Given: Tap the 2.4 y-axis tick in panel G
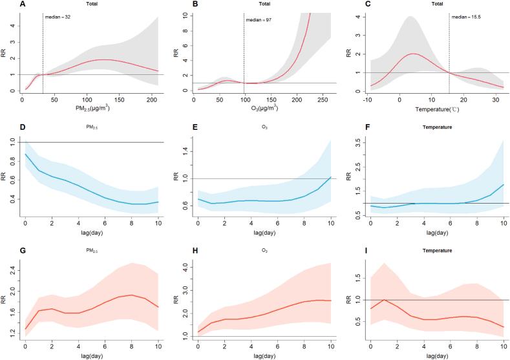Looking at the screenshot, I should click(10, 272).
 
